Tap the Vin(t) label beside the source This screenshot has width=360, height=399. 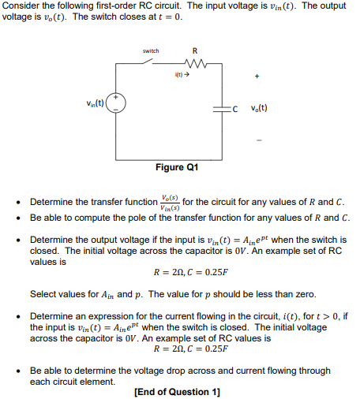click(x=96, y=101)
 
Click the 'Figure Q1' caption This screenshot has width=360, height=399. click(x=177, y=168)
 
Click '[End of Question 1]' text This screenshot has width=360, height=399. click(x=177, y=392)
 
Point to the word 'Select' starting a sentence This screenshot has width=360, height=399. click(x=44, y=294)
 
